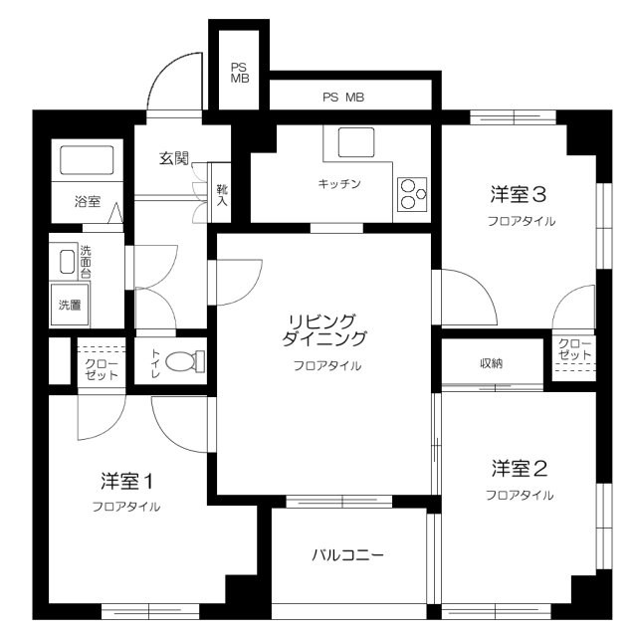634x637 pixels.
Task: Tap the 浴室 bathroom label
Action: click(x=88, y=201)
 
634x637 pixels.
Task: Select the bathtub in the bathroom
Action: click(x=88, y=160)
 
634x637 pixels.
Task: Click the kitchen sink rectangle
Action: click(x=355, y=143)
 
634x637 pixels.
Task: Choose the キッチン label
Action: click(x=338, y=184)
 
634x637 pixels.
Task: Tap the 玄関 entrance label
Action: click(x=174, y=157)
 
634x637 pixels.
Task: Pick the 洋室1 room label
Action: click(x=125, y=480)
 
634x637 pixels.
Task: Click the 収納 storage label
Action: click(x=491, y=362)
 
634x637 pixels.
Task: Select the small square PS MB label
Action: click(x=240, y=73)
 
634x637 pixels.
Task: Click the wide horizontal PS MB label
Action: click(x=343, y=98)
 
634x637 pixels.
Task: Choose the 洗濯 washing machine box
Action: click(x=70, y=305)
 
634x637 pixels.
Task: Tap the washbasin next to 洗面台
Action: click(x=67, y=262)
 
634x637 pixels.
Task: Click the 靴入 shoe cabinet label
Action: click(x=222, y=194)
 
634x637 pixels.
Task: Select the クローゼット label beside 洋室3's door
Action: click(x=574, y=349)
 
